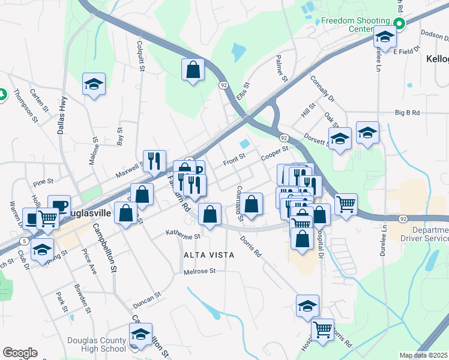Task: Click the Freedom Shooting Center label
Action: pos(355,25)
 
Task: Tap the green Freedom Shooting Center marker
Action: pos(399,23)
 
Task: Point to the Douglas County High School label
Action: pos(97,344)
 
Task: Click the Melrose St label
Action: pos(200,271)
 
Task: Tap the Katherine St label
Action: pos(182,235)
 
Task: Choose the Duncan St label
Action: pos(148,296)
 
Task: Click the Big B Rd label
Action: pos(407,112)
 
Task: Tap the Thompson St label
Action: pos(26,107)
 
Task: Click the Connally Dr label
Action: pos(322,87)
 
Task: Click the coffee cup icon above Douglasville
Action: pos(59,205)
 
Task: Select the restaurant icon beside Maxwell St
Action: pos(154,160)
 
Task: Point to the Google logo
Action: pos(20,353)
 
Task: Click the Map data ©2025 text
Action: pos(424,355)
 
